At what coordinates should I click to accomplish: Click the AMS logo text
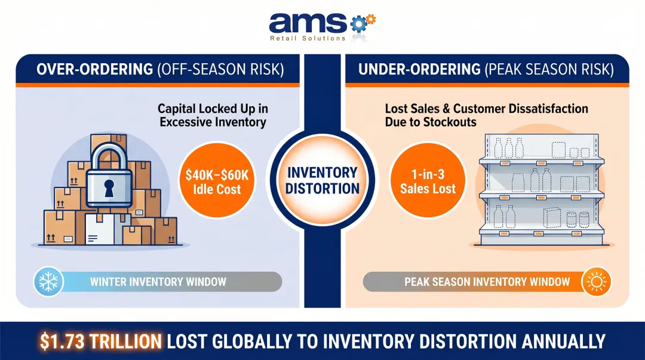tap(308, 23)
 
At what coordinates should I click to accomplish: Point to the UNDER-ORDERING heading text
tap(419, 70)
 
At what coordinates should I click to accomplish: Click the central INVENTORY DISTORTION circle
tap(323, 181)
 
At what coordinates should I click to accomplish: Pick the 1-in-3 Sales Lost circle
tap(428, 181)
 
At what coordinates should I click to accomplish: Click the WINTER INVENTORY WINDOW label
tap(158, 281)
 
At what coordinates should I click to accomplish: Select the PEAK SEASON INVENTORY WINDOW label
tap(487, 281)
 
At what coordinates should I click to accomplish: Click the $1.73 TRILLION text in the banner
tap(100, 341)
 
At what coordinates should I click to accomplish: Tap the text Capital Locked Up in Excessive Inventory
tap(211, 116)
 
